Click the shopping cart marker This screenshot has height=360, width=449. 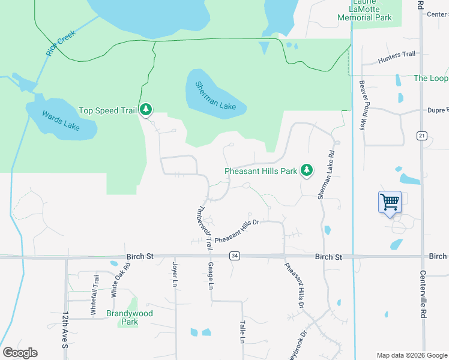tap(390, 202)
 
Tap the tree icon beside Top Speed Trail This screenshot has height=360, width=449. tap(146, 110)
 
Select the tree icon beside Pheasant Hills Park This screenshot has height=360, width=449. tap(307, 170)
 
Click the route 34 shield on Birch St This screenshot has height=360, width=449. tap(235, 256)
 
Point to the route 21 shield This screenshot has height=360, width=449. tap(421, 137)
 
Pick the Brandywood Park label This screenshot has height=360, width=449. tap(129, 317)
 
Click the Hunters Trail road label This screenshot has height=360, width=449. tap(397, 57)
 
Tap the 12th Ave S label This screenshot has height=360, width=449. tap(64, 329)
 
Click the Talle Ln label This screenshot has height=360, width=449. tap(243, 331)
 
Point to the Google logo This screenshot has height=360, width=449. tap(20, 353)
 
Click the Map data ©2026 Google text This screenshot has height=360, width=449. tap(411, 355)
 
